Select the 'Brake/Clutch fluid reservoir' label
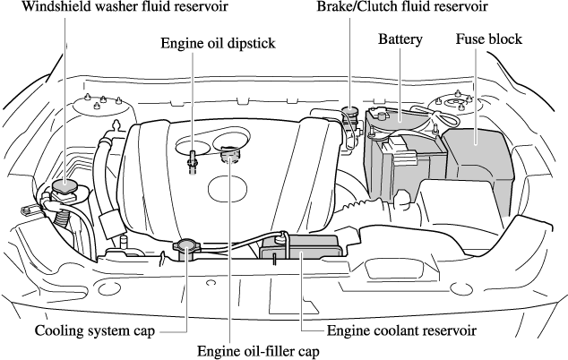click(x=402, y=8)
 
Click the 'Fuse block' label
click(x=488, y=40)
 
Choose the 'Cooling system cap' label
click(x=95, y=330)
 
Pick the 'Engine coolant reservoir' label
click(x=401, y=330)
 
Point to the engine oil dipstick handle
click(x=192, y=161)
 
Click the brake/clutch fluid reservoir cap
click(x=349, y=113)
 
